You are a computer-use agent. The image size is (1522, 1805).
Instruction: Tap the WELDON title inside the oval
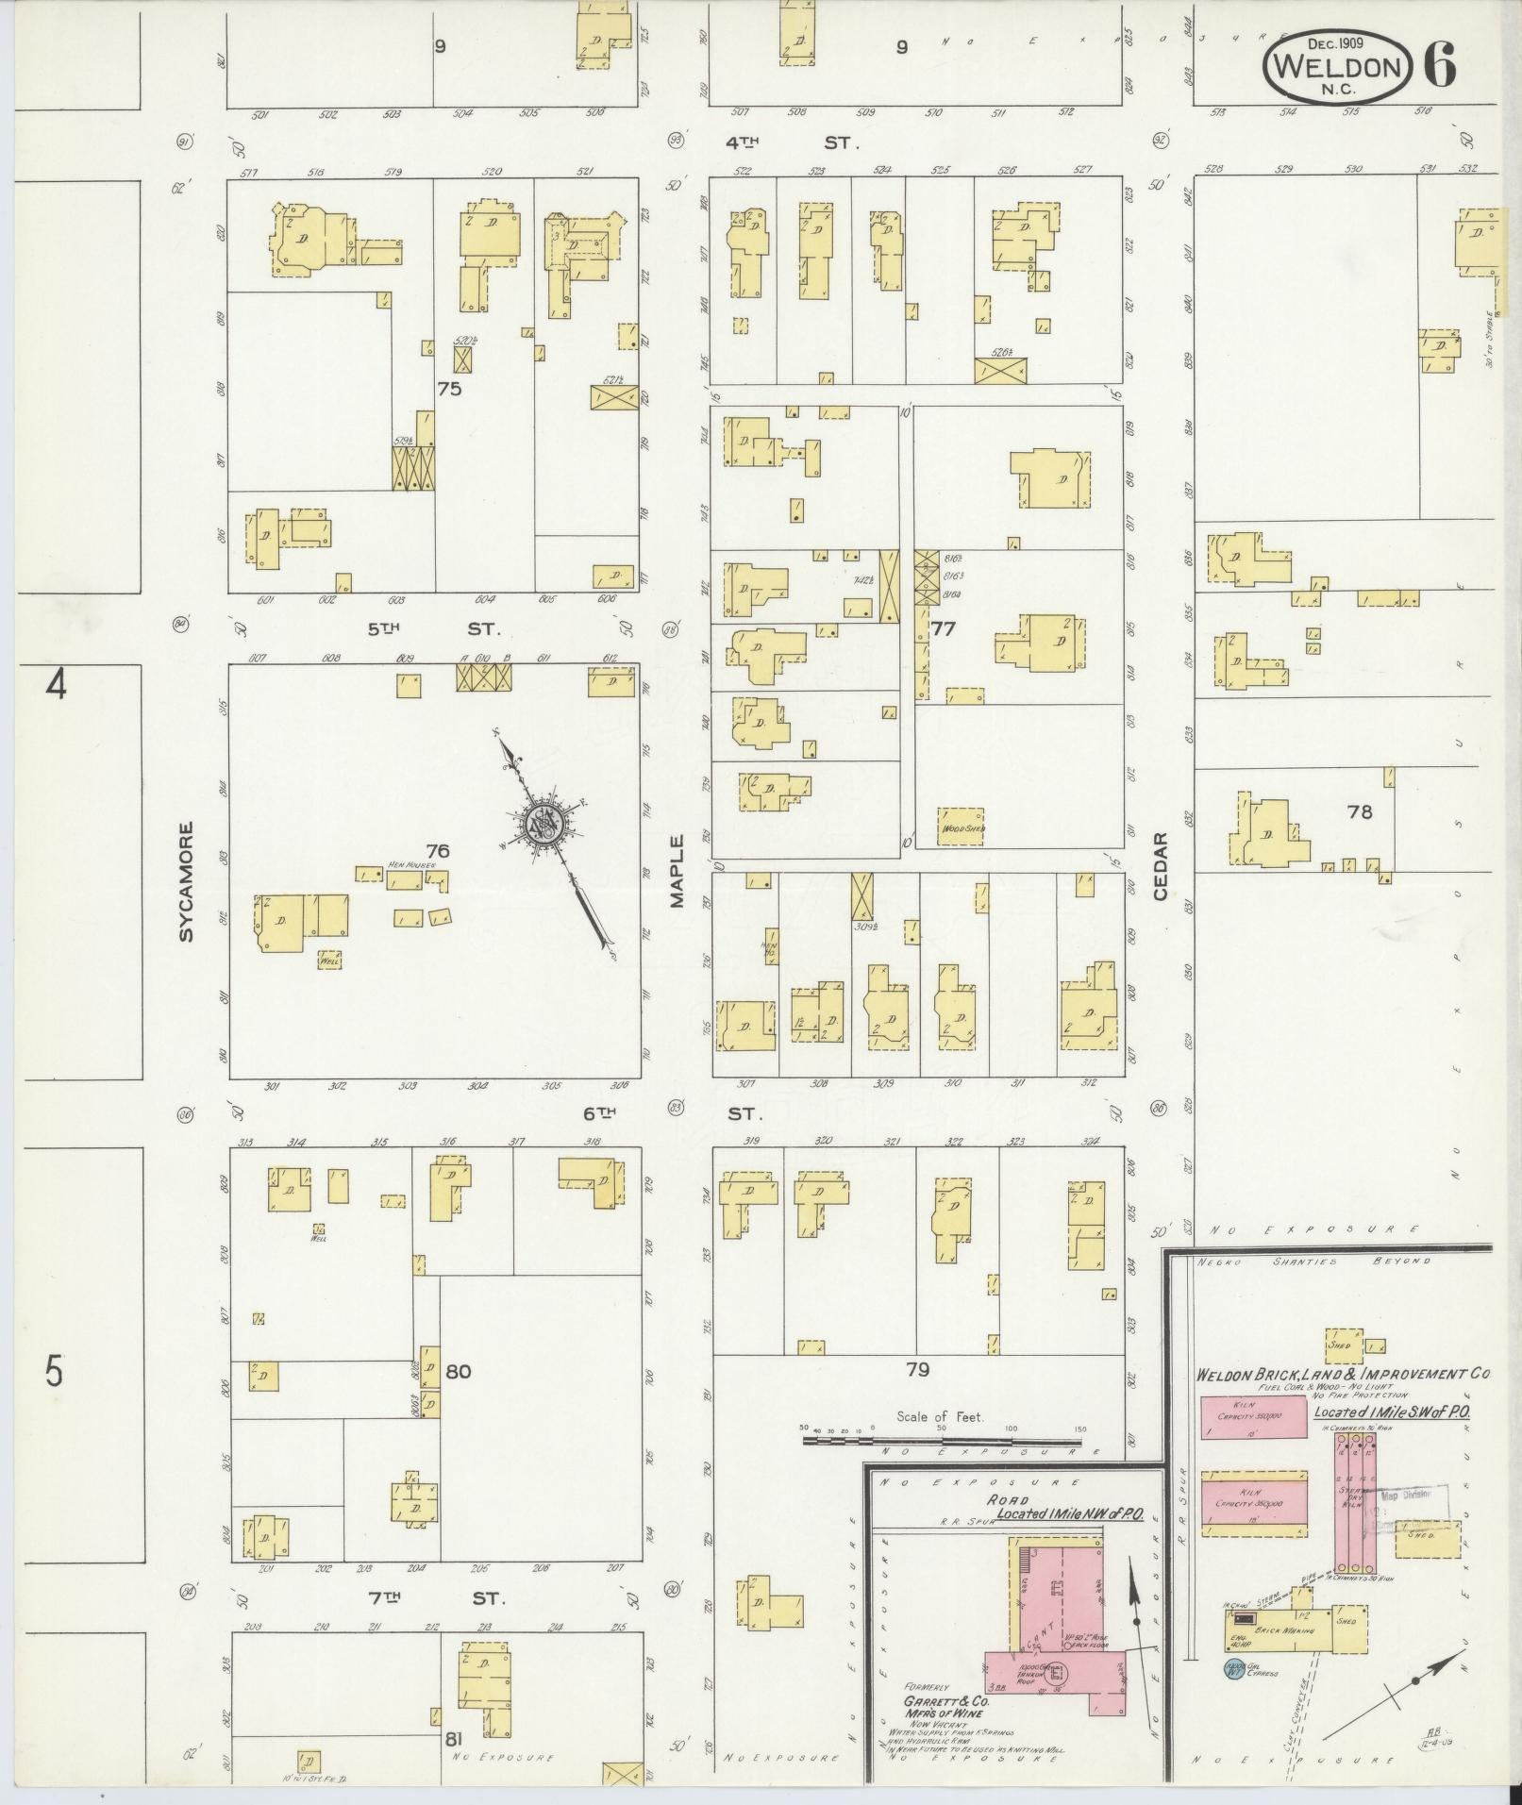click(x=1337, y=67)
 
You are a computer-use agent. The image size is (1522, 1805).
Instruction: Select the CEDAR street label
click(x=1160, y=865)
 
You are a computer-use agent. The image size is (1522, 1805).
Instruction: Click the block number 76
click(x=438, y=850)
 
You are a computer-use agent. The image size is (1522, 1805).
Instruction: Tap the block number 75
click(x=449, y=388)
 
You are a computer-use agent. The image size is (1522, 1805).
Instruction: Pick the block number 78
click(x=1359, y=811)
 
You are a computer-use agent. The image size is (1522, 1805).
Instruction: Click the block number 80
click(x=459, y=1371)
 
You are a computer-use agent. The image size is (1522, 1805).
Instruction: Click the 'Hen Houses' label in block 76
click(x=411, y=863)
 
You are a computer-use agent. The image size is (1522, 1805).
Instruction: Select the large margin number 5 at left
click(x=54, y=1370)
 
